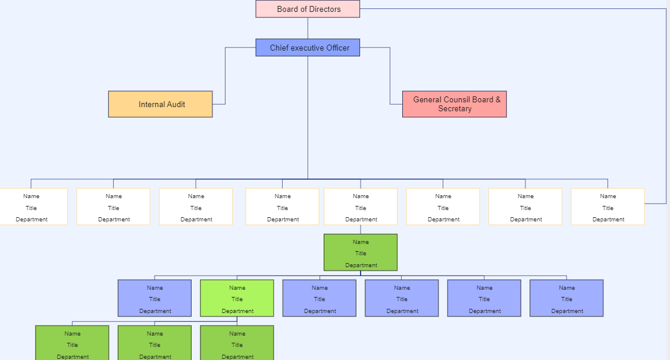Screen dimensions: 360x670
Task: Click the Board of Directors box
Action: point(308,9)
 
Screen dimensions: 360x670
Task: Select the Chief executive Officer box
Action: point(308,48)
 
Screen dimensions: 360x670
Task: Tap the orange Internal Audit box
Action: point(160,104)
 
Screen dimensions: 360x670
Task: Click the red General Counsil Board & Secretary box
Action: point(454,104)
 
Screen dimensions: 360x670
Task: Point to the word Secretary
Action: point(455,109)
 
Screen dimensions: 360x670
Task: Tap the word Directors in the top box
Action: point(325,10)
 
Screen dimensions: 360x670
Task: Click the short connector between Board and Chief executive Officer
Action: point(308,28)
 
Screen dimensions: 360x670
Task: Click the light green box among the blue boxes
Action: point(237,298)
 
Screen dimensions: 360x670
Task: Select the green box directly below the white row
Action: point(361,252)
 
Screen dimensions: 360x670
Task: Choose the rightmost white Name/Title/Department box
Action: point(608,206)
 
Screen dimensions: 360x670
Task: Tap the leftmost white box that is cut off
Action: point(33,206)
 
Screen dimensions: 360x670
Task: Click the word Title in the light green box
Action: point(237,299)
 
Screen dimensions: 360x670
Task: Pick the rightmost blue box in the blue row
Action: point(566,298)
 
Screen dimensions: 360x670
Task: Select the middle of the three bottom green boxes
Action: point(155,343)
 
